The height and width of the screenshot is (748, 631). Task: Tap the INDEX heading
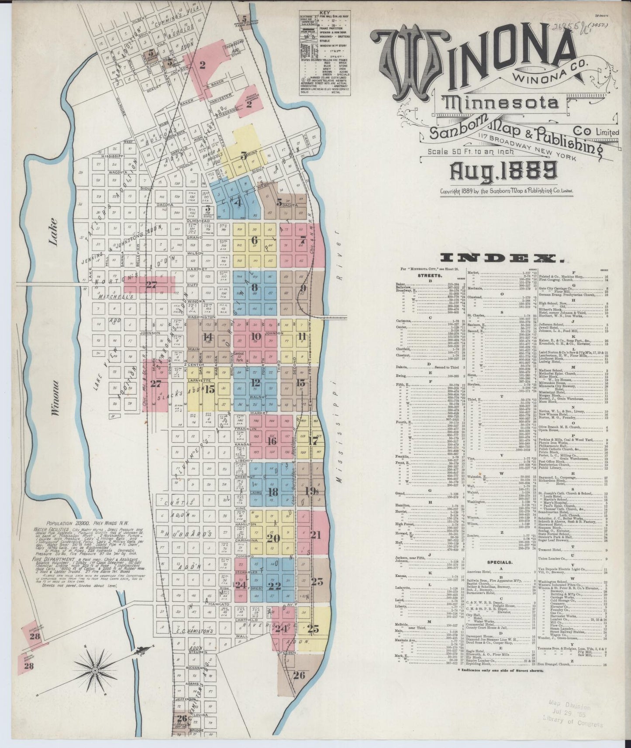(x=502, y=259)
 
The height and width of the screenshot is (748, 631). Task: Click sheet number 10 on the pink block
(x=256, y=336)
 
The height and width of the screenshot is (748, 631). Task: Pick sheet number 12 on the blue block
(x=256, y=383)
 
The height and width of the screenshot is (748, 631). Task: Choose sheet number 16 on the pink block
(x=272, y=441)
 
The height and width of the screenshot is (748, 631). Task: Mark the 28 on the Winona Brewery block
(x=29, y=666)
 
